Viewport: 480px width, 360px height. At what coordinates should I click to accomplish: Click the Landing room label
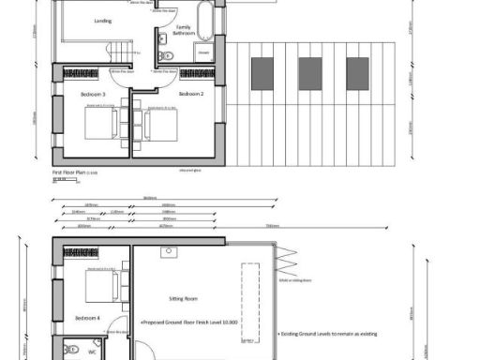click(103, 20)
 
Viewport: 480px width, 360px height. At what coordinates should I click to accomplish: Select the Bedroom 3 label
click(92, 95)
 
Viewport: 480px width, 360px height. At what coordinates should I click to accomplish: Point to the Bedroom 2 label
click(191, 95)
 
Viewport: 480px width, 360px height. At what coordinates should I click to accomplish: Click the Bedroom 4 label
click(87, 319)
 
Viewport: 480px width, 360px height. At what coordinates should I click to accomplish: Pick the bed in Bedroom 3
click(99, 123)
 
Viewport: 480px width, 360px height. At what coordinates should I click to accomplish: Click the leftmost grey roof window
click(261, 71)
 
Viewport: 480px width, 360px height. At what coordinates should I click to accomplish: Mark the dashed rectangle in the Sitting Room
click(249, 296)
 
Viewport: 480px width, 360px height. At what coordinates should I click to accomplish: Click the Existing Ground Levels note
click(327, 333)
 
